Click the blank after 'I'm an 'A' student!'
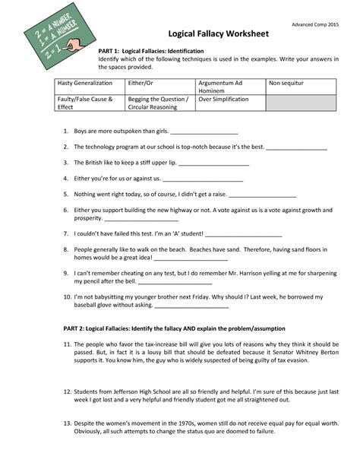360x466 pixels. point(244,234)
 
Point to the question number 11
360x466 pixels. point(67,344)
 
